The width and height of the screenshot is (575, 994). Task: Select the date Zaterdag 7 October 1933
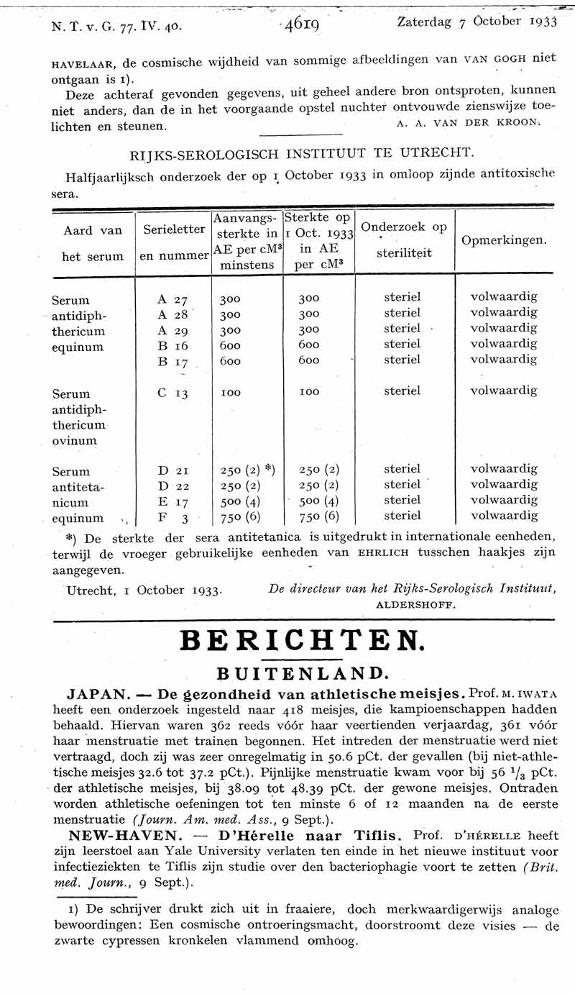477,22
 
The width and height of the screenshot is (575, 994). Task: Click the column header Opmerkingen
504,240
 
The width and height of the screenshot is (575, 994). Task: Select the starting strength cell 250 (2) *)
247,470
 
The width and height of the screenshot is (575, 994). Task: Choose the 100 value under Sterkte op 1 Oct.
309,393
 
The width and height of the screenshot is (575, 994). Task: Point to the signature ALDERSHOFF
416,605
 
